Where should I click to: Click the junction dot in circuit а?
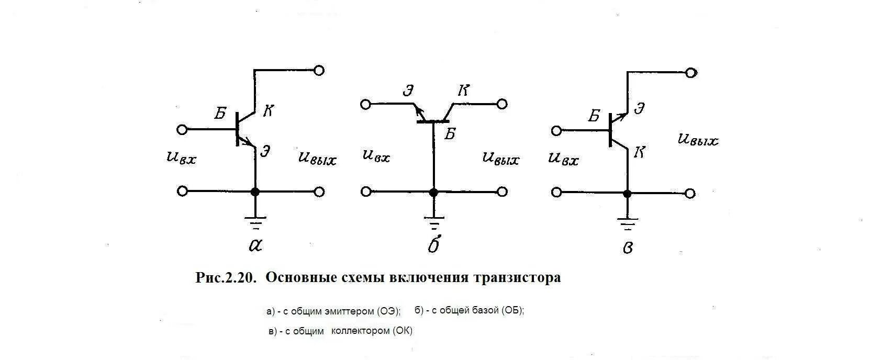tap(255, 192)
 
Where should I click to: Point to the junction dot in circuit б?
tap(433, 192)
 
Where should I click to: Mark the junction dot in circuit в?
tap(628, 194)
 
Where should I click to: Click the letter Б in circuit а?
tap(220, 114)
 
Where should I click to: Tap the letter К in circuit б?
tap(463, 91)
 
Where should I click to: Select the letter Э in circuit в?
tap(639, 109)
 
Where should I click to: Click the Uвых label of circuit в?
tap(698, 140)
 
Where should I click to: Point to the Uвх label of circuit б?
tap(376, 156)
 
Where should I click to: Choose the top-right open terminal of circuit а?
tap(319, 70)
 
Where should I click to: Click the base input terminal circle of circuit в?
tap(556, 130)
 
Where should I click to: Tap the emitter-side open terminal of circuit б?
tap(365, 104)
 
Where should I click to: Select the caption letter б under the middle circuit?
tap(434, 244)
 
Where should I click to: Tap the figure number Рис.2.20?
tap(226, 277)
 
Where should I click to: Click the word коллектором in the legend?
tap(361, 331)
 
